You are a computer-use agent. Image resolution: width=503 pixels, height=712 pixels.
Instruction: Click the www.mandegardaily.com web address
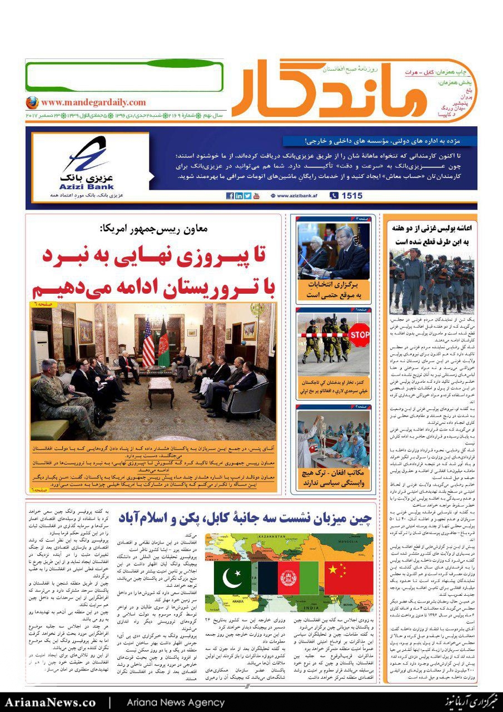pyautogui.click(x=93, y=102)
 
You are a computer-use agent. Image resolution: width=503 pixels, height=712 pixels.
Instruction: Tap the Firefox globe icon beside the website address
pyautogui.click(x=32, y=103)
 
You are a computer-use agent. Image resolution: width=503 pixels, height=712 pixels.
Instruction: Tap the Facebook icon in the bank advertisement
pyautogui.click(x=230, y=196)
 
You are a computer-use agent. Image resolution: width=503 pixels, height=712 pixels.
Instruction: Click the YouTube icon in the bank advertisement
pyautogui.click(x=256, y=196)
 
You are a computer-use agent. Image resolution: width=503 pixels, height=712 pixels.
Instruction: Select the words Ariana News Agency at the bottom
pyautogui.click(x=175, y=702)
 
